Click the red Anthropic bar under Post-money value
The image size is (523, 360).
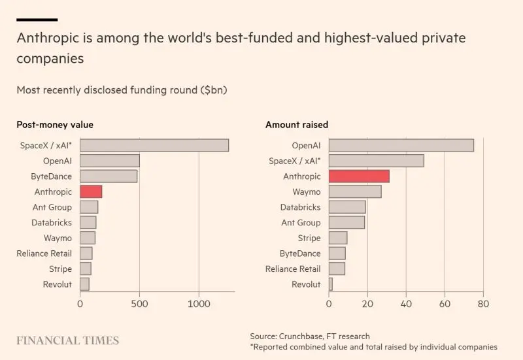click(x=91, y=191)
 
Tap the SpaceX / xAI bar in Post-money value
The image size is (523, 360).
click(x=154, y=145)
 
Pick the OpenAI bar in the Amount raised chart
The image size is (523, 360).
click(x=401, y=145)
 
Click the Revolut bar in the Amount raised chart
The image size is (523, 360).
click(x=331, y=284)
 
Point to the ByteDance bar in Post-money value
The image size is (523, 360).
click(x=109, y=176)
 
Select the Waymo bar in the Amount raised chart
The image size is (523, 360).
click(x=355, y=191)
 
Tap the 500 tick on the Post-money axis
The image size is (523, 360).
click(x=139, y=303)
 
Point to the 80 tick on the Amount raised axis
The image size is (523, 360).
click(x=483, y=303)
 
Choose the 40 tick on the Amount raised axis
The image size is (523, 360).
click(x=406, y=303)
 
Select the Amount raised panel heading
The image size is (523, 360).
click(x=297, y=124)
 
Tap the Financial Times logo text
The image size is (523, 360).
click(x=68, y=340)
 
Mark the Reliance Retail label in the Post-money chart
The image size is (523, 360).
click(x=44, y=253)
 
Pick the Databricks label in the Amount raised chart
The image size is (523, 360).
click(x=301, y=207)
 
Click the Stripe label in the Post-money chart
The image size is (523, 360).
click(x=60, y=269)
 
